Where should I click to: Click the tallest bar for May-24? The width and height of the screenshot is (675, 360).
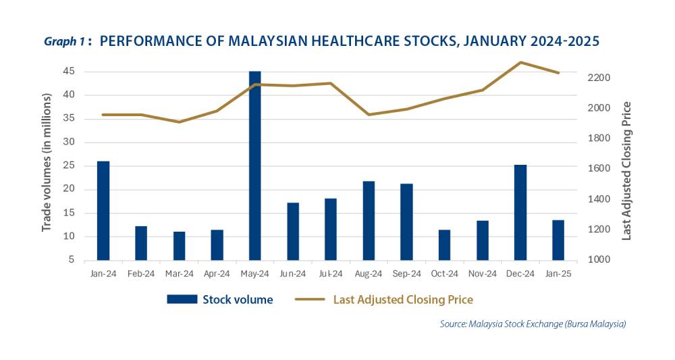[254, 165]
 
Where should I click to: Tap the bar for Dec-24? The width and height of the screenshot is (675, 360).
[520, 212]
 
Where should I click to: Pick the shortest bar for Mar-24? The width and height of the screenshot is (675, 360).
[179, 246]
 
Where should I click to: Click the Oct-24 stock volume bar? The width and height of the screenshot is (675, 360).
[445, 245]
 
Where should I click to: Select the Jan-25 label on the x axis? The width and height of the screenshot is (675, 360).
[558, 273]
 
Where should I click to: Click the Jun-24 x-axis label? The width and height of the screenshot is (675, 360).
[293, 273]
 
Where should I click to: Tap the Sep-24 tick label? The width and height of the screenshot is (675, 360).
[406, 273]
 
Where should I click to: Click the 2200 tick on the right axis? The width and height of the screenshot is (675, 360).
[598, 78]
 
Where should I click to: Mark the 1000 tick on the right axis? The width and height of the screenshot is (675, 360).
[598, 260]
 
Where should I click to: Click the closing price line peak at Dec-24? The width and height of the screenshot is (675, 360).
[520, 62]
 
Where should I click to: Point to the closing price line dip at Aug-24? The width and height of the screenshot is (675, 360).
[369, 114]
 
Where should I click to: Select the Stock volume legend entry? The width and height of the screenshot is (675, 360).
[220, 299]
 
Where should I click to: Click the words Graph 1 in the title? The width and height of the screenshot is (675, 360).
[64, 42]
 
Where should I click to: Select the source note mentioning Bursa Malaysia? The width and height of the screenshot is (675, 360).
[533, 324]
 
